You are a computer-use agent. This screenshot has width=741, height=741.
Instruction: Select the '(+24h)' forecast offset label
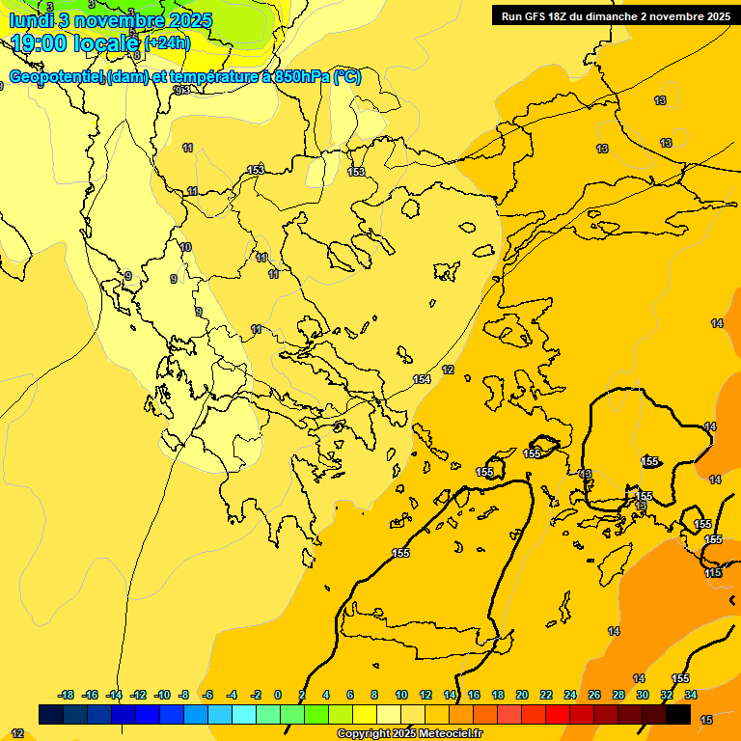pyautogui.click(x=167, y=43)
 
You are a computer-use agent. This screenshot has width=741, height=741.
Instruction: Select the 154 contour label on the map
pyautogui.click(x=422, y=380)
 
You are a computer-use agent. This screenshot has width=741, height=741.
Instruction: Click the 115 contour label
pyautogui.click(x=713, y=573)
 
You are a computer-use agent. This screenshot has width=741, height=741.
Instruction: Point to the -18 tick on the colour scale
pyautogui.click(x=67, y=695)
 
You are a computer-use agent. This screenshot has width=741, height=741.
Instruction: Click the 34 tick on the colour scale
pyautogui.click(x=691, y=695)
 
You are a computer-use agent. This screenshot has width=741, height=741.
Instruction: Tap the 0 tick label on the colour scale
pyautogui.click(x=278, y=695)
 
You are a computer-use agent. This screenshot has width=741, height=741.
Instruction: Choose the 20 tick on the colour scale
pyautogui.click(x=522, y=695)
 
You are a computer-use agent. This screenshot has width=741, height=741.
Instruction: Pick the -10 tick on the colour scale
pyautogui.click(x=162, y=695)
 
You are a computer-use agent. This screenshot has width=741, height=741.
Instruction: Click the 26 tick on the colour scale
pyautogui.click(x=594, y=695)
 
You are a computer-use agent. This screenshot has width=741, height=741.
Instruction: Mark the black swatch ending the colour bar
pyautogui.click(x=678, y=715)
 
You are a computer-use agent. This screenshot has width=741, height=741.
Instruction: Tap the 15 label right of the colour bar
pyautogui.click(x=706, y=720)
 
